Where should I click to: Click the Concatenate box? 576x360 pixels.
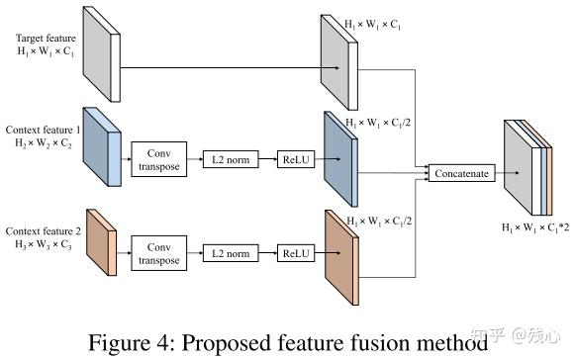(459, 174)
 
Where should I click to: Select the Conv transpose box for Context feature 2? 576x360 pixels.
(158, 254)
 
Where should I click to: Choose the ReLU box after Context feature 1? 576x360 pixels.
(294, 157)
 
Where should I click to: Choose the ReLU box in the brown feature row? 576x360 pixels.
(294, 254)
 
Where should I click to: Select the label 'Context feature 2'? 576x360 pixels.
(43, 230)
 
